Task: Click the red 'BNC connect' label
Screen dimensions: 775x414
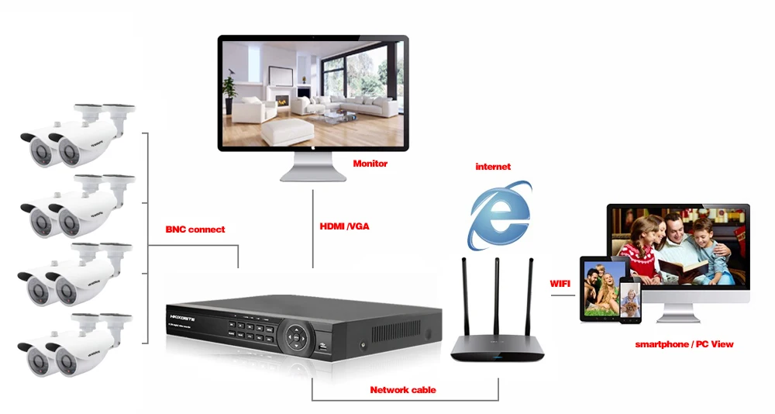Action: click(x=195, y=229)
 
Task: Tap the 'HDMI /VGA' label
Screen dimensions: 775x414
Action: click(x=344, y=226)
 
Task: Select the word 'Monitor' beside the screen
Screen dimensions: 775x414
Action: click(x=370, y=164)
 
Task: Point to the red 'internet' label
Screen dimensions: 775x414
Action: click(x=493, y=167)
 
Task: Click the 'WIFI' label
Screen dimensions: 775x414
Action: click(x=560, y=284)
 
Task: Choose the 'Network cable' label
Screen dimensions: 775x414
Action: click(x=403, y=390)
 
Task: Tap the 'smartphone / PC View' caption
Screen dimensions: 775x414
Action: click(x=684, y=344)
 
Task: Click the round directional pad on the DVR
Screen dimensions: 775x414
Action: click(x=295, y=336)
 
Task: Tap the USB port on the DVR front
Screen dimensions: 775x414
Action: click(x=322, y=349)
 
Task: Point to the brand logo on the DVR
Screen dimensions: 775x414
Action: click(x=182, y=318)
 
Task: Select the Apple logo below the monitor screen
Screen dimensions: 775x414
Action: click(x=313, y=148)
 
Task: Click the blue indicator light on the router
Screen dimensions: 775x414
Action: click(x=497, y=356)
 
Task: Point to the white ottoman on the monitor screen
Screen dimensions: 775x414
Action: click(x=288, y=131)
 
